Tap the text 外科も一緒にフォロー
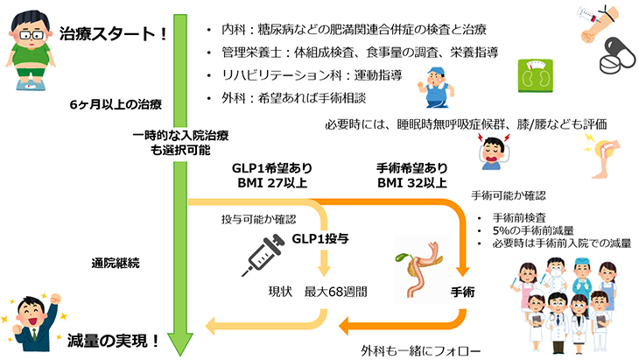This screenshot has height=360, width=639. [x=416, y=349]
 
